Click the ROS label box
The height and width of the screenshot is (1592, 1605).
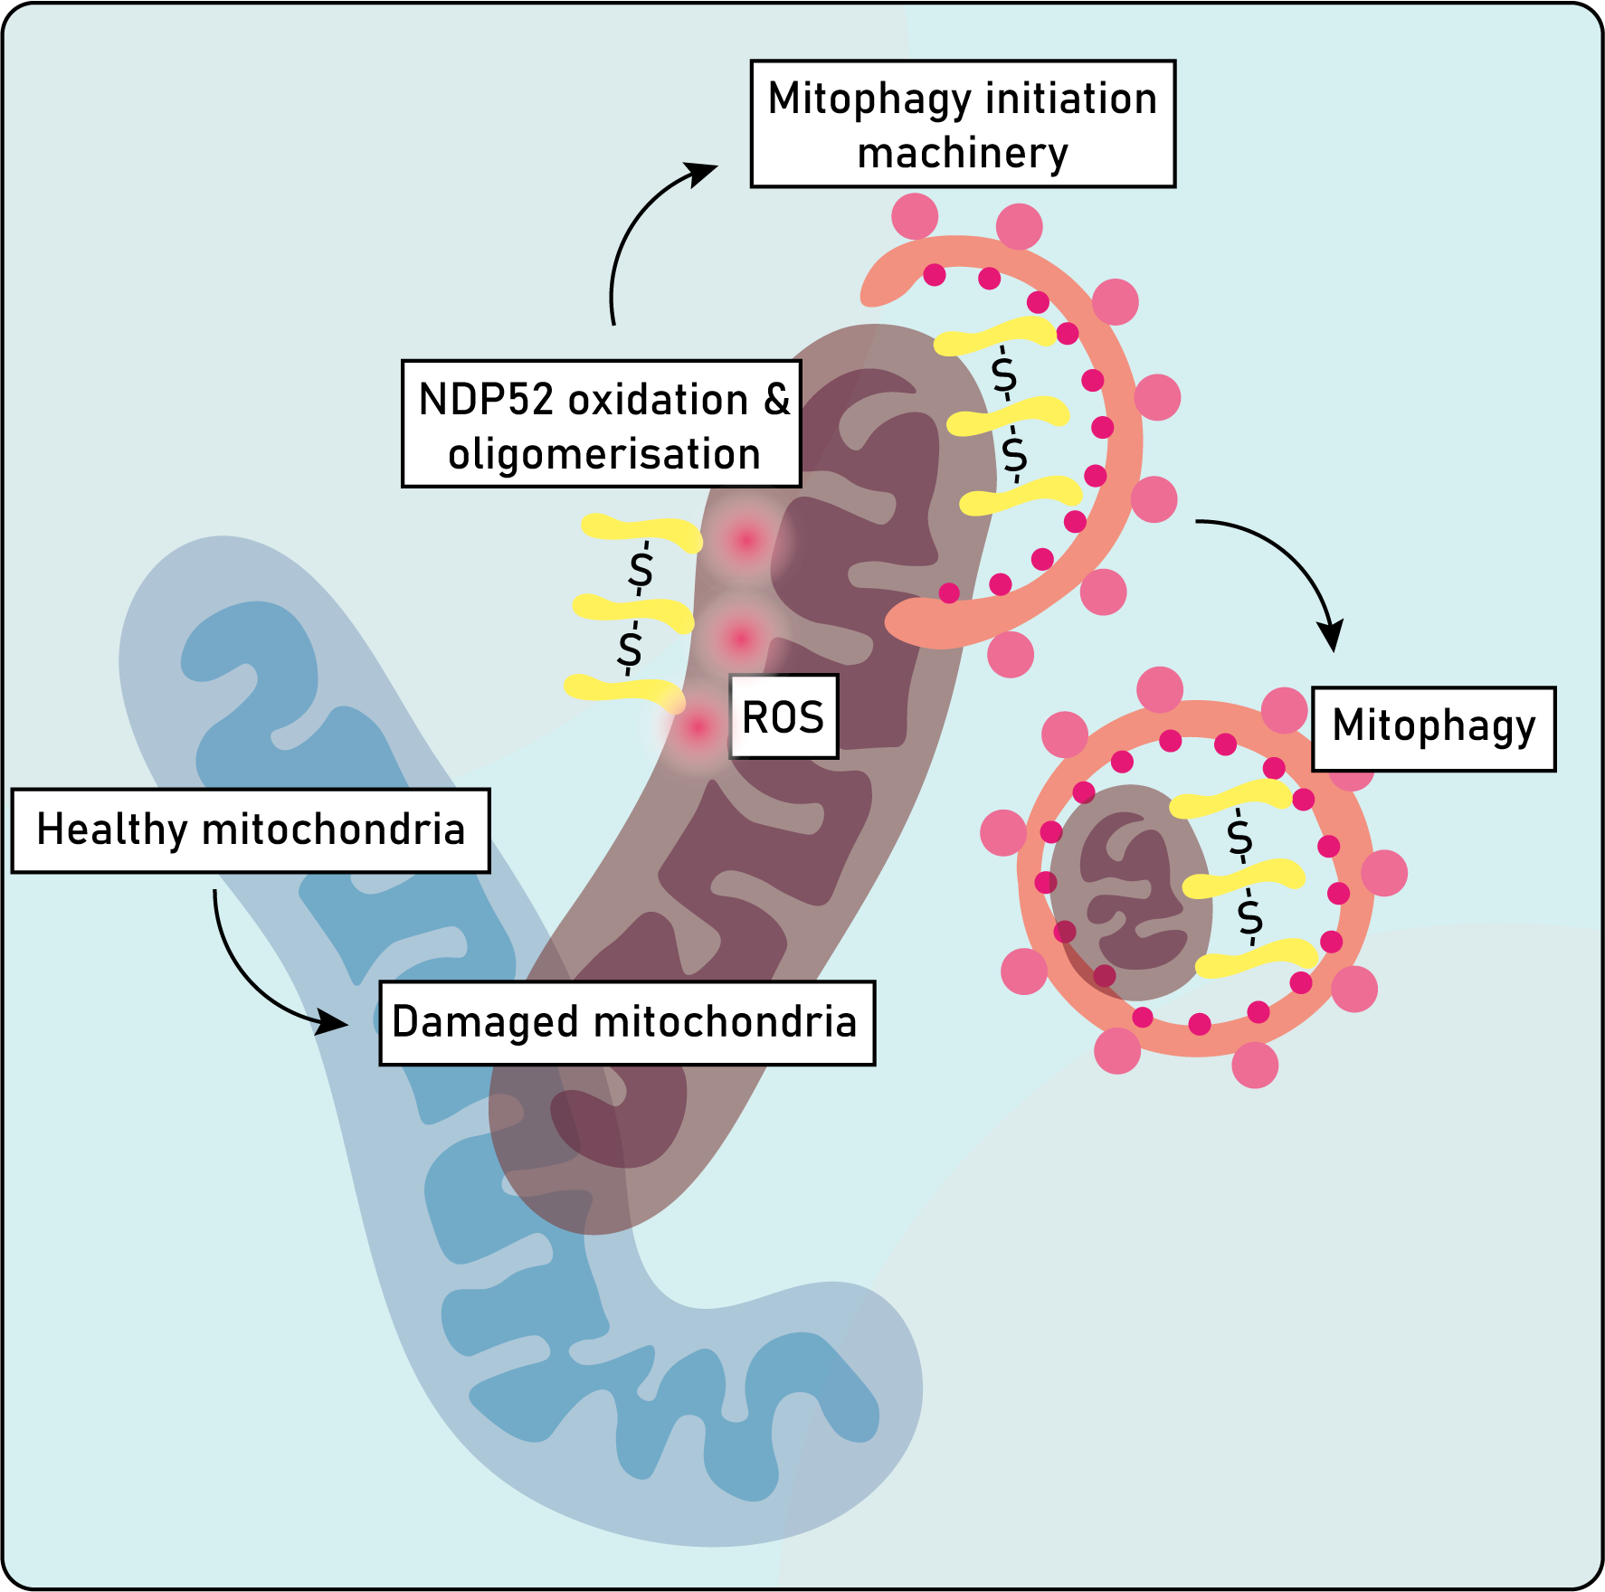click(784, 716)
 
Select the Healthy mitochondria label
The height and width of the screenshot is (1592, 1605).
click(251, 830)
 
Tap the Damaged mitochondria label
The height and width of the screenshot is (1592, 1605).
click(626, 1023)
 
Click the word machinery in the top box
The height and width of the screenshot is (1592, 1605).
click(963, 154)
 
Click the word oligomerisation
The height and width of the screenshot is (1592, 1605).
click(603, 454)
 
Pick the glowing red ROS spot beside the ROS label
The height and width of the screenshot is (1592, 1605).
click(698, 726)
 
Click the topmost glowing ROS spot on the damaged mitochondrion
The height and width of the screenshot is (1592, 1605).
click(746, 541)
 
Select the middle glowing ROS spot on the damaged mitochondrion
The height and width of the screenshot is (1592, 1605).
click(741, 639)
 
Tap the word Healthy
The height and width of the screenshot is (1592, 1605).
click(111, 830)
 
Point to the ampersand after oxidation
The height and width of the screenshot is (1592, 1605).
click(776, 400)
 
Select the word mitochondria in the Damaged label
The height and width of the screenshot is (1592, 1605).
click(725, 1023)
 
